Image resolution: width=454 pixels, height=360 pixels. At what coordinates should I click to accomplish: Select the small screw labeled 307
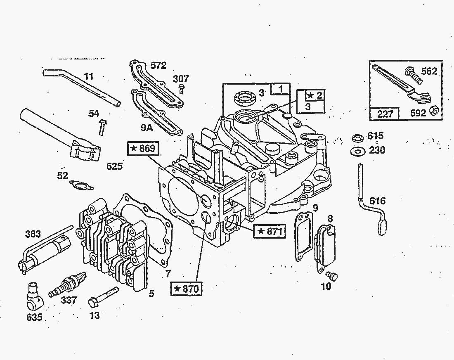point(181,88)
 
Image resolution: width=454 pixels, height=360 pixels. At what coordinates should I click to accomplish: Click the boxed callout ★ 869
point(142,149)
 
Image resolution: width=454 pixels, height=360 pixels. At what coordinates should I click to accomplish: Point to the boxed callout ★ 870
point(186,289)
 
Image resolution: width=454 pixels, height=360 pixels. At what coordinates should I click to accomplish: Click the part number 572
point(158,66)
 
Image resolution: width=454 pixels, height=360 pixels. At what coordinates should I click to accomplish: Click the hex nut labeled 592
point(433,110)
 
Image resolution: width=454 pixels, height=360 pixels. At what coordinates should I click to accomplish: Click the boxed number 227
point(385,113)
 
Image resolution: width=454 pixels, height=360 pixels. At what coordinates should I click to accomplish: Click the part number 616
point(377,201)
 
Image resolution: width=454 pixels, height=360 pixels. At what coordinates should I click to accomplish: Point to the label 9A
point(147,128)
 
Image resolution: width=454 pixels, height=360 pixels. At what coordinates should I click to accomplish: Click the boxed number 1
point(281,89)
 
